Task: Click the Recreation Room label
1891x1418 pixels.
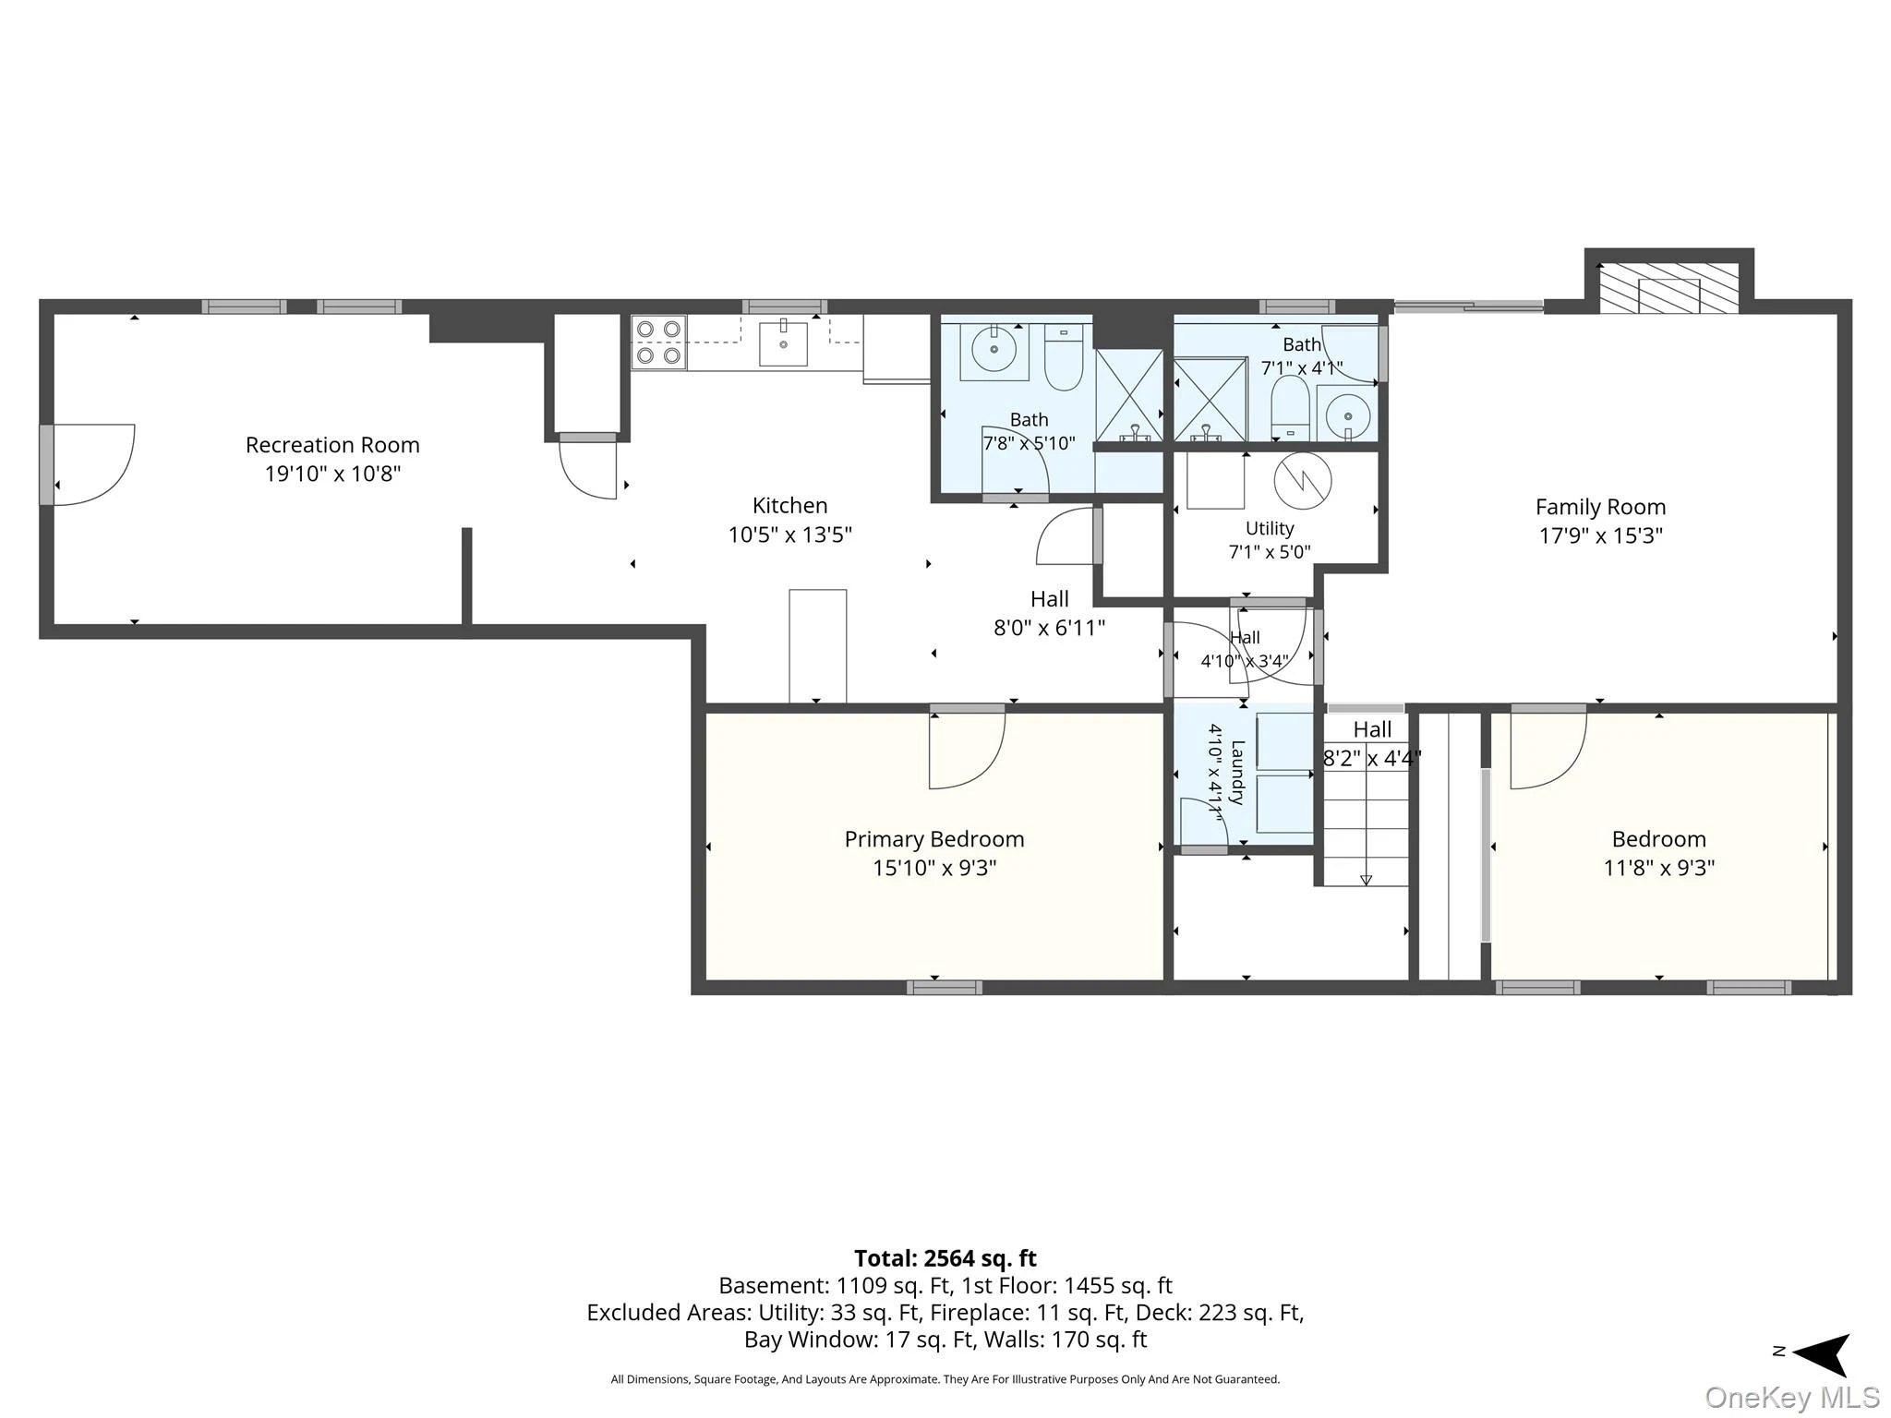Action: [332, 445]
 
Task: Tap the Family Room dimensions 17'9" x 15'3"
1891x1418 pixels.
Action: [1600, 535]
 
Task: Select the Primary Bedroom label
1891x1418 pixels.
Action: [934, 839]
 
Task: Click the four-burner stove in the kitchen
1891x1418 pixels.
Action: [658, 342]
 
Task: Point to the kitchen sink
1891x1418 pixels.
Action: [783, 343]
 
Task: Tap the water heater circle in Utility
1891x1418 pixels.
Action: [1303, 480]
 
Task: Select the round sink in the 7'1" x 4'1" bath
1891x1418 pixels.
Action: [1347, 414]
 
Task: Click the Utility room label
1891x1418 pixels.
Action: [1270, 528]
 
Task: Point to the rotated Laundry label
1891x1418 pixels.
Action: [1237, 773]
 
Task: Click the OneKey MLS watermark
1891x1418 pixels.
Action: [1792, 1398]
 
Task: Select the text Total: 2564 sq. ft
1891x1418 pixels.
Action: [945, 1258]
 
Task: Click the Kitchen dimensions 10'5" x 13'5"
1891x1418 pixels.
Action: [789, 535]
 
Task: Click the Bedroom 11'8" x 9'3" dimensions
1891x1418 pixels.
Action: [1658, 868]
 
